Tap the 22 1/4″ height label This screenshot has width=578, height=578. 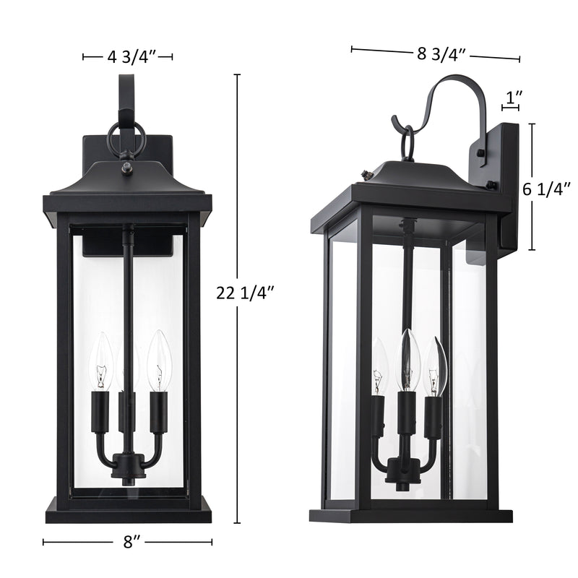pos(245,293)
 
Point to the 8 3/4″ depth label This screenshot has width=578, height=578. pos(441,54)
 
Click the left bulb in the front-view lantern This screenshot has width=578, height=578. pos(101,361)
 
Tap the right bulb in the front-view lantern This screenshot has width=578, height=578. pos(159,361)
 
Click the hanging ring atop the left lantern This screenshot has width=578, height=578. pos(126,138)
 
